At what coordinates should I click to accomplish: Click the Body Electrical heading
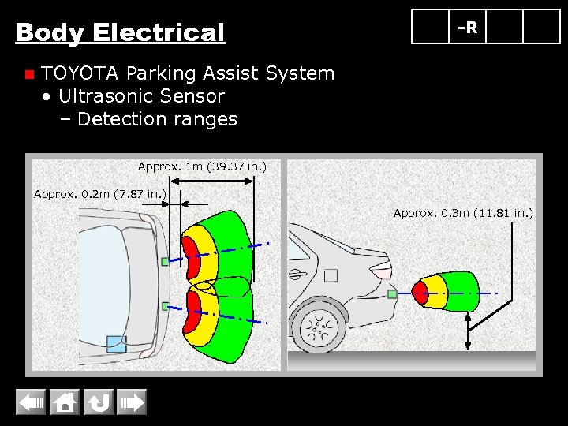pos(120,33)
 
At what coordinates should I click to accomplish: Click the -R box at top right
pos(468,28)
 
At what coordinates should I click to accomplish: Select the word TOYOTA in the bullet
pos(80,73)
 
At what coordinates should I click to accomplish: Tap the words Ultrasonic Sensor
pos(141,96)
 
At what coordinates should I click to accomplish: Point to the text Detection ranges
pos(157,119)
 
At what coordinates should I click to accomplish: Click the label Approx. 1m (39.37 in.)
pos(202,166)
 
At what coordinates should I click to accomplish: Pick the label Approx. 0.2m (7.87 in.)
pos(100,194)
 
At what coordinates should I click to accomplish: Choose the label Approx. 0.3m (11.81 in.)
pos(463,213)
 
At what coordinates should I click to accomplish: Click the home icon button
pos(65,403)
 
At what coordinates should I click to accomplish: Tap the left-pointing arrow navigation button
pos(31,403)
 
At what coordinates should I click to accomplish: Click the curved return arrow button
pos(99,403)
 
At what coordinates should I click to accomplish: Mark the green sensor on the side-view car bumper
pos(392,294)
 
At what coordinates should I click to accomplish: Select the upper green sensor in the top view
pos(165,261)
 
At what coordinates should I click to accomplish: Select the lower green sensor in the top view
pos(165,305)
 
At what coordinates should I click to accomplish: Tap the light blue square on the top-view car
pos(117,344)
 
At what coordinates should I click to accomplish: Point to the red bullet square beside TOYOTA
pos(29,75)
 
